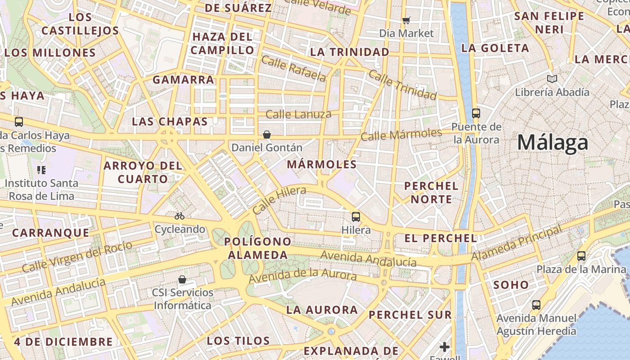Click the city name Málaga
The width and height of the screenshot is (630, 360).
coord(552,143)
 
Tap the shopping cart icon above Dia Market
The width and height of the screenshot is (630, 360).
coord(406,20)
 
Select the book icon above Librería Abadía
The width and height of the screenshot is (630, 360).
coord(552,79)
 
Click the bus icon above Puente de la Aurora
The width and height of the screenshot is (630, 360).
coord(476,113)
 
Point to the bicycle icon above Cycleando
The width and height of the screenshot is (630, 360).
coord(180,216)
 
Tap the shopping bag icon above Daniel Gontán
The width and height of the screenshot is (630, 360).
coord(267,135)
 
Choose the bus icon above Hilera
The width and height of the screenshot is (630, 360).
coord(356,217)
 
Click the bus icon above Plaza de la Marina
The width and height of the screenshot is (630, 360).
coord(581,256)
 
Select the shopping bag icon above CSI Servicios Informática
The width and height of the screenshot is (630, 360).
coord(182,279)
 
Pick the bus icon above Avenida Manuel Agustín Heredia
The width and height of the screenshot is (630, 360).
coord(536,305)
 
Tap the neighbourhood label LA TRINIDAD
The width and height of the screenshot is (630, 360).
coord(350,52)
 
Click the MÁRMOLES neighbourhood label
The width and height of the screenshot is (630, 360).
coord(322,164)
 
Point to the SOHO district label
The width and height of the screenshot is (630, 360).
coord(511,284)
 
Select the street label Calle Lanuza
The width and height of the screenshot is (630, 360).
coord(298,114)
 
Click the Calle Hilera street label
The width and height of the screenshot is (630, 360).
coord(279,200)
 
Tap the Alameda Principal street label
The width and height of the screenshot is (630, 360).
coord(517,244)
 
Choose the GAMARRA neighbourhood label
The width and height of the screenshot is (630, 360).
coord(183,80)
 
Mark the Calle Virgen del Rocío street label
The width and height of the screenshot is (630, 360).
coord(77,257)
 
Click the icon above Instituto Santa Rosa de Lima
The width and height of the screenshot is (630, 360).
coord(41,170)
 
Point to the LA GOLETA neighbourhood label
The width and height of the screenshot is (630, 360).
coord(495,48)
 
